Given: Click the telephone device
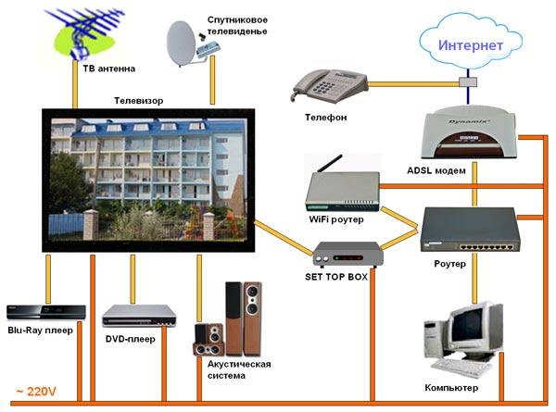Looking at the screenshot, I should [328, 87].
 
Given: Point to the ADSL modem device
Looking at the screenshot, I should [468, 133].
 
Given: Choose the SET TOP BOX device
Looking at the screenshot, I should [347, 253].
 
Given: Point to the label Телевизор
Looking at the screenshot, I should [139, 99].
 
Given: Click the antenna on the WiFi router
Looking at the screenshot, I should [317, 166].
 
